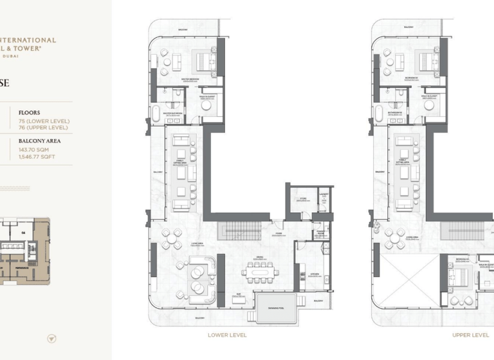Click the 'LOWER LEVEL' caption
(227, 335)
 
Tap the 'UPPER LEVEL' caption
(471, 335)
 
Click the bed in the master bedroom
(206, 62)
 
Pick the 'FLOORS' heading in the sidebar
(29, 113)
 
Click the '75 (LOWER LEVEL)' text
(44, 121)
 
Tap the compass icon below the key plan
(52, 338)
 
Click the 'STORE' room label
(300, 200)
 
